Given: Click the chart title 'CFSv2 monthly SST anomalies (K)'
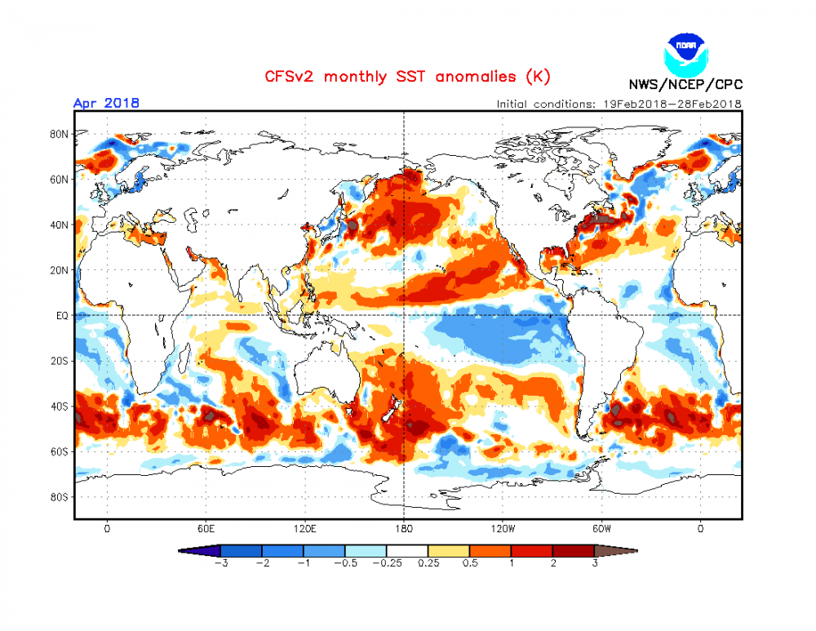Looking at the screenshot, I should coord(407,77).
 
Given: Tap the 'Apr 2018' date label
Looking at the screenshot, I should coord(106,103).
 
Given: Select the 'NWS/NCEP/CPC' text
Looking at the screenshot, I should coord(685,84).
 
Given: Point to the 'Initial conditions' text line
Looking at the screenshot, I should coord(619,104).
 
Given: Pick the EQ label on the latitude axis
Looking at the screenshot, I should coord(61,314).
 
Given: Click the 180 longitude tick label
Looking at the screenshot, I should coord(404,528).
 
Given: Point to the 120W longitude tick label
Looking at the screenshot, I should coord(503,528).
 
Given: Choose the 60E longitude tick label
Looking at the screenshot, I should coord(206,528).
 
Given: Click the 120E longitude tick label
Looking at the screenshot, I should coord(304,528).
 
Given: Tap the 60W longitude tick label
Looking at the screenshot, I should coord(602,528).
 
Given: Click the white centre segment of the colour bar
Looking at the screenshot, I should coord(407,550).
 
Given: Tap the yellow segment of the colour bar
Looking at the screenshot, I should coord(449,550).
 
